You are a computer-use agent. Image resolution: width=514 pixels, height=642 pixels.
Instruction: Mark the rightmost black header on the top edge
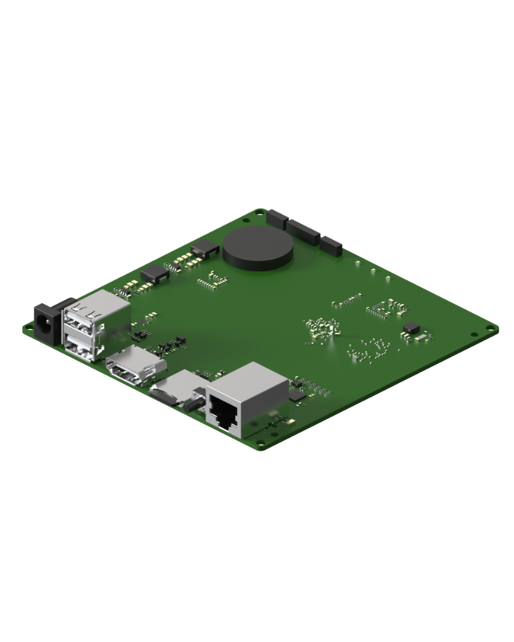coord(332,244)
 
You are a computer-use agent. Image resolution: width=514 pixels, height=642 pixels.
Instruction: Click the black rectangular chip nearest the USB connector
coord(154,274)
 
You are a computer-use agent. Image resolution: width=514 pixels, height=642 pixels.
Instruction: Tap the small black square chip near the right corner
coord(409,328)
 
